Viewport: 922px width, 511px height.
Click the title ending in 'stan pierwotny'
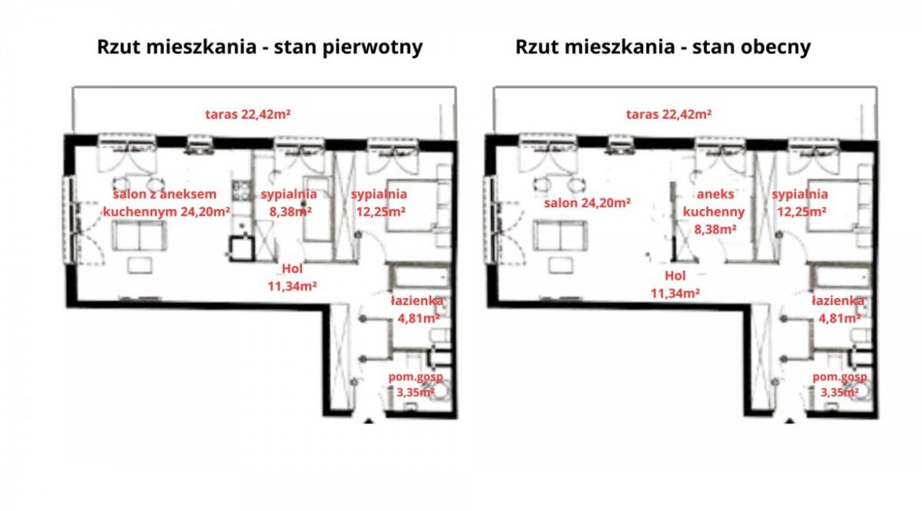coord(259,47)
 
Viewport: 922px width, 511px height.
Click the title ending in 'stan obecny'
coord(663,47)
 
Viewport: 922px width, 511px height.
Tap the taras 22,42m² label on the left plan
coord(247,114)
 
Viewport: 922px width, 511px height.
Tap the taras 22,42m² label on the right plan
coord(668,114)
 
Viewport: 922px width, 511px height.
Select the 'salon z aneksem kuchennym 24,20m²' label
coord(165,203)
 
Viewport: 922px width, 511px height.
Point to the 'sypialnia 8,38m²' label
coord(288,203)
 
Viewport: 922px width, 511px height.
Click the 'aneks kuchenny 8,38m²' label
coord(714,211)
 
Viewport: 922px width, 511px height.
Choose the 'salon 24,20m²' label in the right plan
coord(587,203)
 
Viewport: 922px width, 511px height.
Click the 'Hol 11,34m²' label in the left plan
coord(292,278)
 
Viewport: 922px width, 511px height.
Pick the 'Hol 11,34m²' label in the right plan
coord(675,284)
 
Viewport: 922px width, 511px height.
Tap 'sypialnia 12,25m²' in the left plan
coord(379,203)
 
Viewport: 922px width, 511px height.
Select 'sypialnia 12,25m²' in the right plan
coord(800,203)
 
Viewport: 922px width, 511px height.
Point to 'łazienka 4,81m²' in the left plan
coord(418,310)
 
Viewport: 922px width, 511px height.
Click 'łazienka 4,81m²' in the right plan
coord(838,310)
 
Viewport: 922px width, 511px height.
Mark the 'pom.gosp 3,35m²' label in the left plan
coord(416,384)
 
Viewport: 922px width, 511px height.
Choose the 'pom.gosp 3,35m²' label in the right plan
coord(840,384)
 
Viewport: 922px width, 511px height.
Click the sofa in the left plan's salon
coord(139,237)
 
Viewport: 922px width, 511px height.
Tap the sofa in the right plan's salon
coord(560,237)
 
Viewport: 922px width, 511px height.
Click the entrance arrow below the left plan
coord(369,420)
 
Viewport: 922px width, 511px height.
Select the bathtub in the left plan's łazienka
coord(418,277)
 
